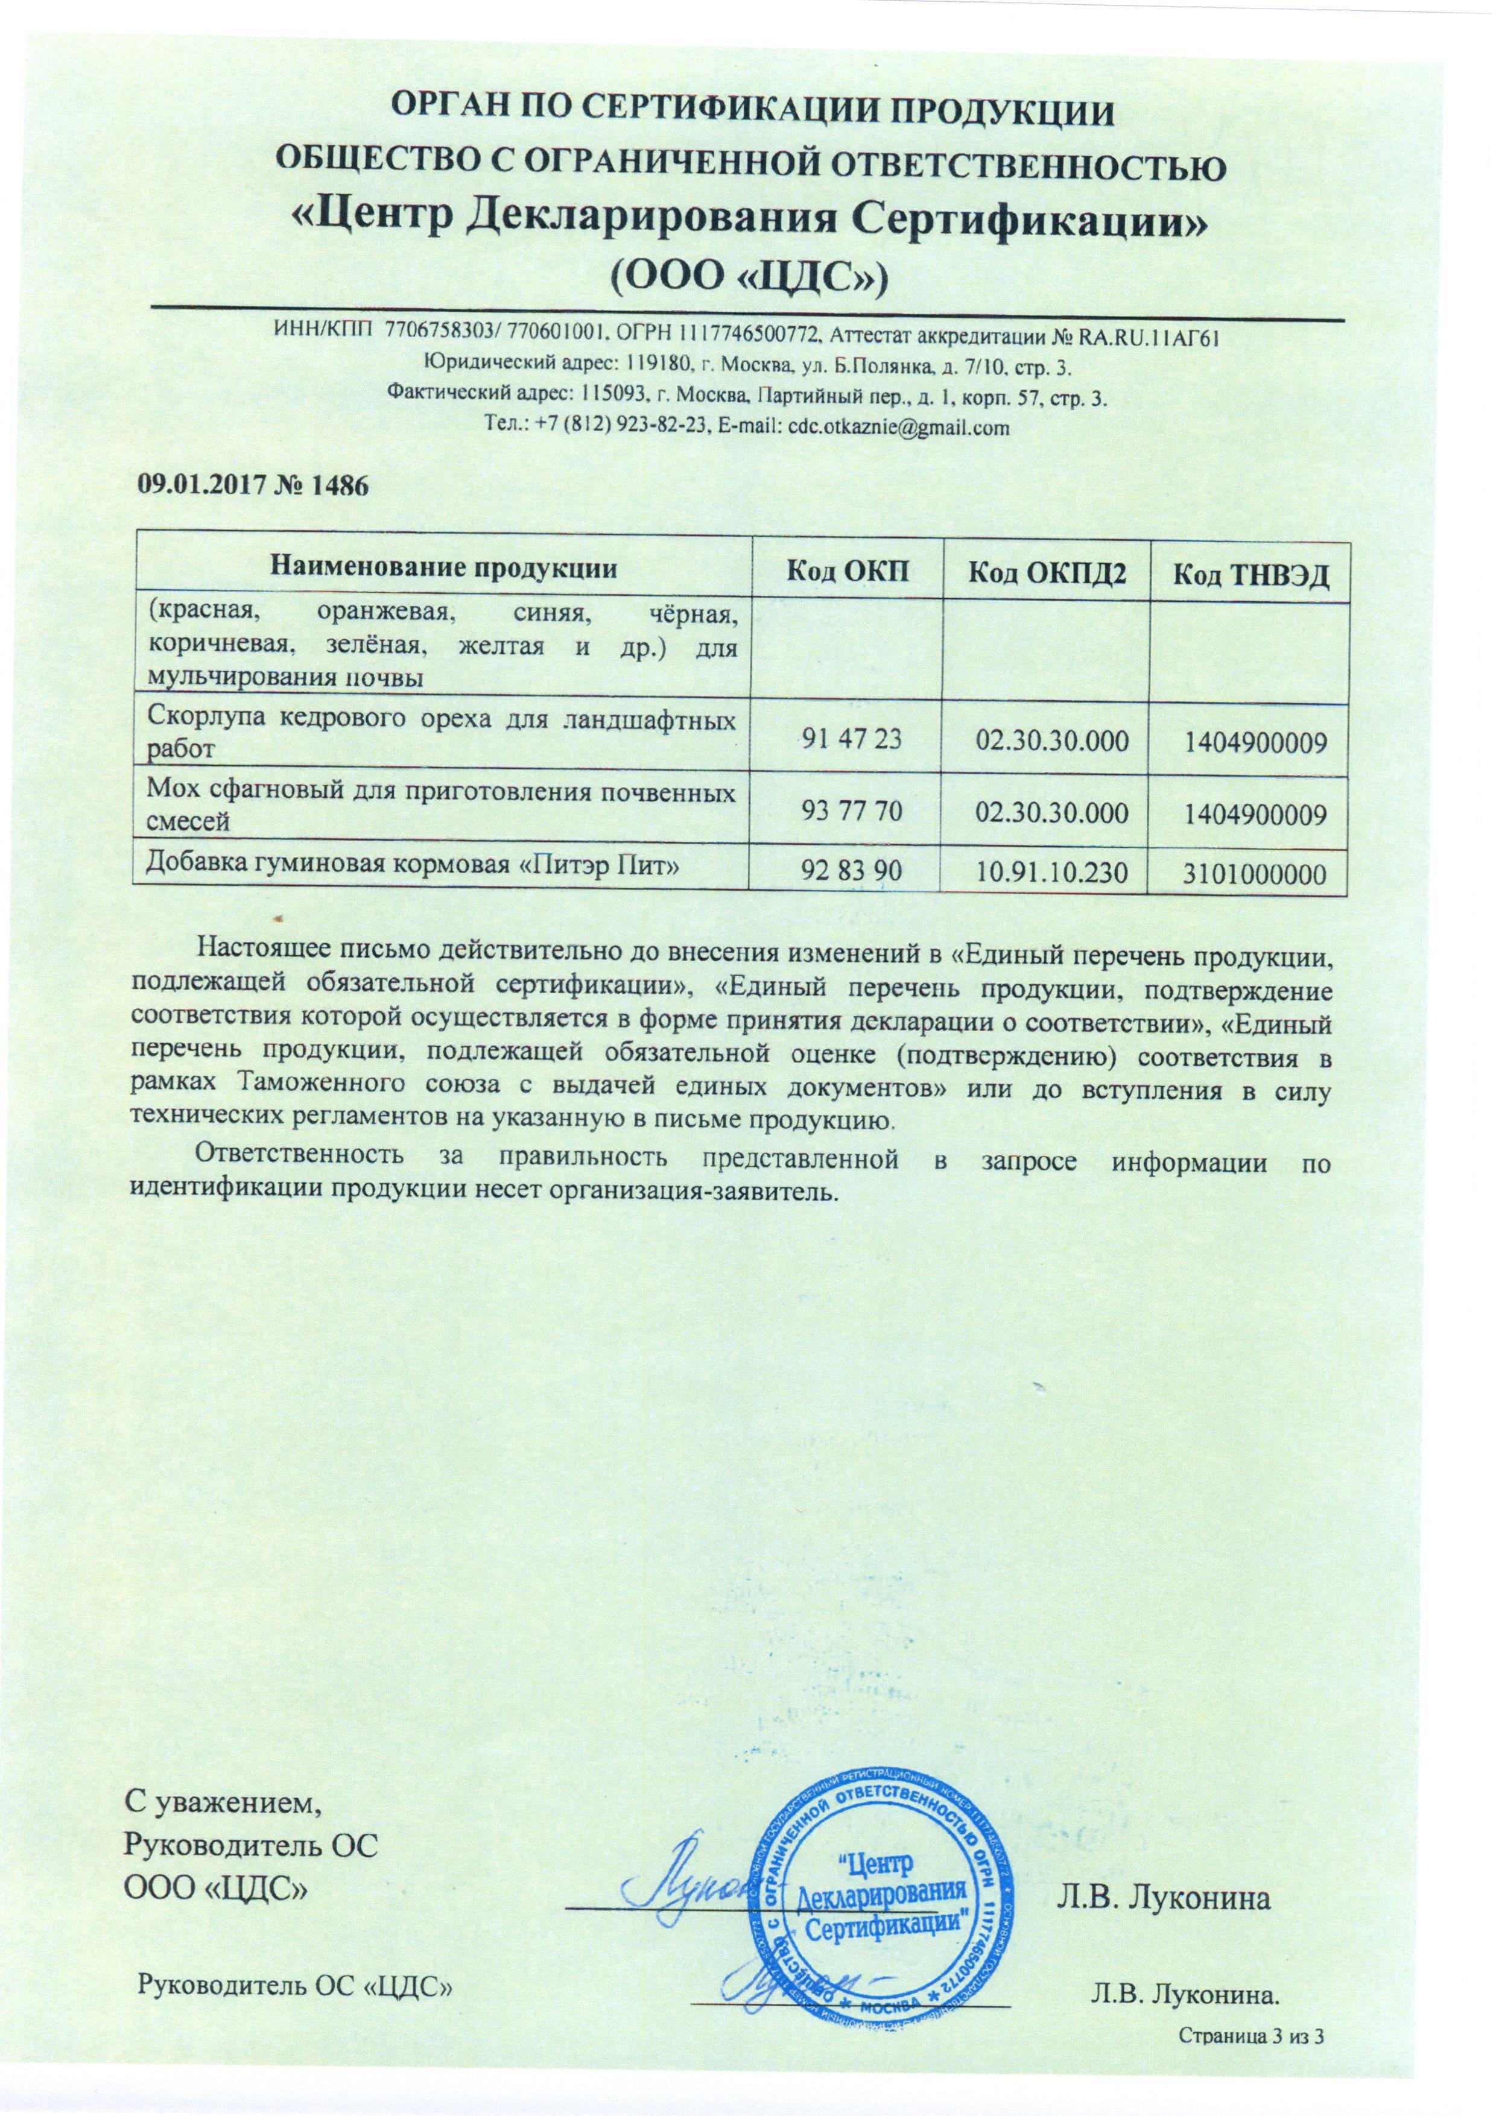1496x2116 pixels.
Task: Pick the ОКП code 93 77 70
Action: point(847,812)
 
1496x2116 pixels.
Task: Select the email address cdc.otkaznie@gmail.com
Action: point(893,428)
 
